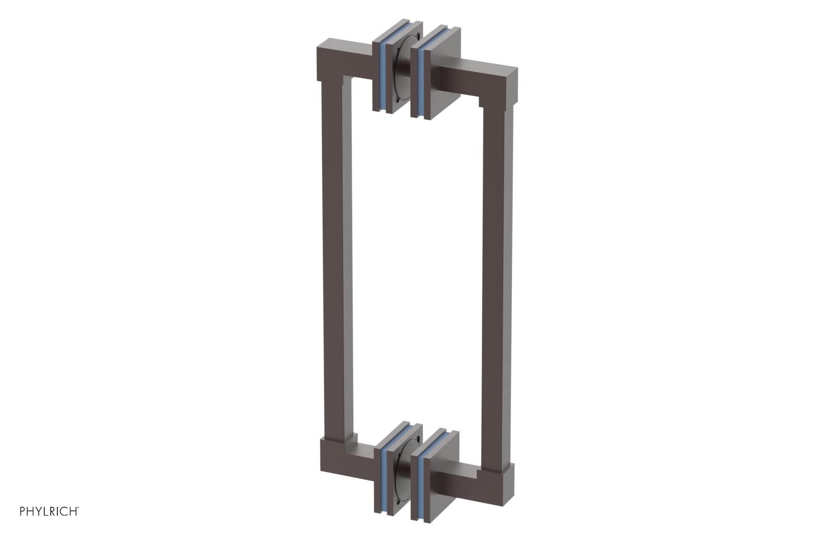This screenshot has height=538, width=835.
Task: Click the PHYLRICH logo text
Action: [49, 511]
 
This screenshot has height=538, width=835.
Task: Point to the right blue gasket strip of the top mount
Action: [422, 78]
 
